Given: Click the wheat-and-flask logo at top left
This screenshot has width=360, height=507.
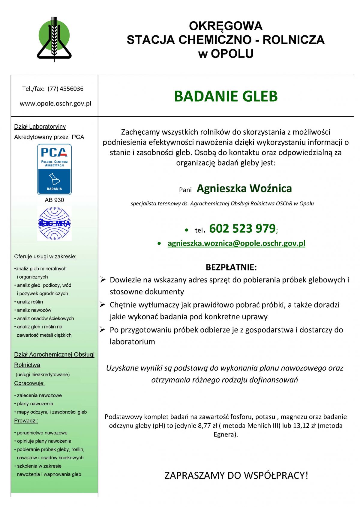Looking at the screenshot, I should (54, 39).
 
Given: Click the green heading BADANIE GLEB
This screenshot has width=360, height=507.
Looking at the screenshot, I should (226, 96).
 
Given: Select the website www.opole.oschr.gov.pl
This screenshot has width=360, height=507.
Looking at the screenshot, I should (55, 103).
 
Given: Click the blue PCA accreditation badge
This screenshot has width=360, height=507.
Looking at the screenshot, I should (54, 169).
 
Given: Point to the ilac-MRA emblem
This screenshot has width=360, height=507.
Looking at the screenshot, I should (54, 223).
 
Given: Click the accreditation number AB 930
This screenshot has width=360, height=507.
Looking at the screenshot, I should (54, 200).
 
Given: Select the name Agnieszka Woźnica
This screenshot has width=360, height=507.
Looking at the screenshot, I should (244, 188).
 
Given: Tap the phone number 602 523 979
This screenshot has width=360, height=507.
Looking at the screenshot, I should (242, 228).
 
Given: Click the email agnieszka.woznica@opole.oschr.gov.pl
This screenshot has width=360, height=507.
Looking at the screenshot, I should (236, 243).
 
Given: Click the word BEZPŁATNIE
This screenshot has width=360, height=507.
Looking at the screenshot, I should (231, 267).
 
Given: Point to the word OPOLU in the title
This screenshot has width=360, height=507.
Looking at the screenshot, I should (232, 54).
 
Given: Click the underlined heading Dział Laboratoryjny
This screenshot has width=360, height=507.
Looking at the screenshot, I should (40, 127).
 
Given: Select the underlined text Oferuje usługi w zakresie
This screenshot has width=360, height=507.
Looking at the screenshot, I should (45, 256).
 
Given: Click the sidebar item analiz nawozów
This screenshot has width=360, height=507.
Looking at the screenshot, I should (34, 310).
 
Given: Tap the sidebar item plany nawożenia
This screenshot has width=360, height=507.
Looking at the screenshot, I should (35, 404).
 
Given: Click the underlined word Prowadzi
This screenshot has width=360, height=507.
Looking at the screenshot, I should (26, 421).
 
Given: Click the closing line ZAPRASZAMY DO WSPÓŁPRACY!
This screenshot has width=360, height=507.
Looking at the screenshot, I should (236, 475).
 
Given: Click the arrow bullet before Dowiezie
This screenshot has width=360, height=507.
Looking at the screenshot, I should (103, 280).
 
